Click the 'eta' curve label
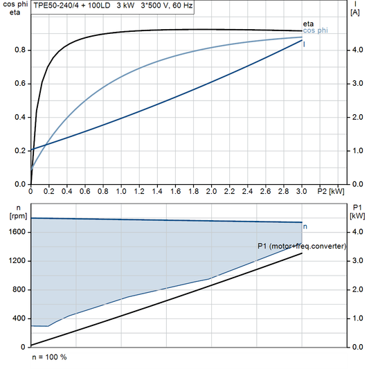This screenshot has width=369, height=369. click(x=308, y=24)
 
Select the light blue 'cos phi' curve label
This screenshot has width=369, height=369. click(x=315, y=31)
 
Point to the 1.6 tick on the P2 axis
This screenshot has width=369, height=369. click(x=175, y=190)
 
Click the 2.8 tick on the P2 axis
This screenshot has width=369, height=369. click(x=284, y=190)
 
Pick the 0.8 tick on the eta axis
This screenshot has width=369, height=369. click(x=21, y=50)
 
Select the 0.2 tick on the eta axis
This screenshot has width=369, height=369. click(x=21, y=150)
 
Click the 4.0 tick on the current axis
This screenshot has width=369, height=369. click(x=357, y=50)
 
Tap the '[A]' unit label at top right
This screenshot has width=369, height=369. click(x=355, y=12)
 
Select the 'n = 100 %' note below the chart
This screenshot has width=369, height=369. click(x=49, y=357)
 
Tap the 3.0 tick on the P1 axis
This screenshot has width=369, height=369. click(x=357, y=260)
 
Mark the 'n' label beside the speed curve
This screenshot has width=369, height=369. click(x=305, y=226)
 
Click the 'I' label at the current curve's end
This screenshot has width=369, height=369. click(x=305, y=44)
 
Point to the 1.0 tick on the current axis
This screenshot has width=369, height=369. click(x=357, y=150)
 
